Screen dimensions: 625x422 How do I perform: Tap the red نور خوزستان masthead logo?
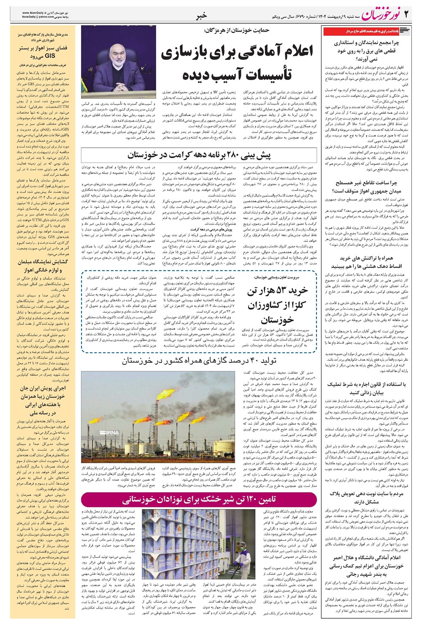(379, 15)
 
